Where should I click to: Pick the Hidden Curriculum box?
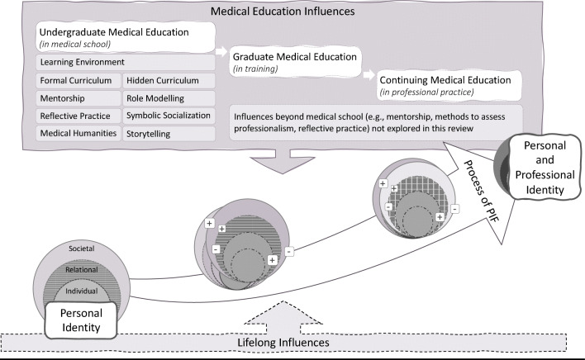(169, 80)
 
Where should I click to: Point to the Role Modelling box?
(169, 97)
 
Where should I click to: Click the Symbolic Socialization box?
(169, 115)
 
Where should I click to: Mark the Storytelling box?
(169, 132)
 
